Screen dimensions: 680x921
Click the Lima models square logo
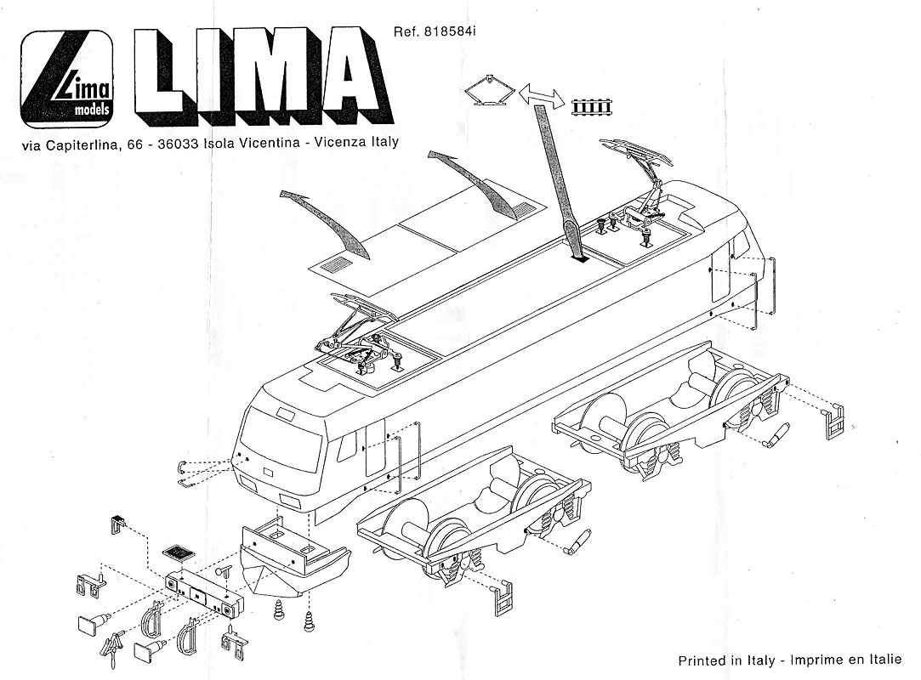(67, 79)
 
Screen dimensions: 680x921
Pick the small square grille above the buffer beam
(178, 552)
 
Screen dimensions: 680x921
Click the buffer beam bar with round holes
(204, 594)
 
